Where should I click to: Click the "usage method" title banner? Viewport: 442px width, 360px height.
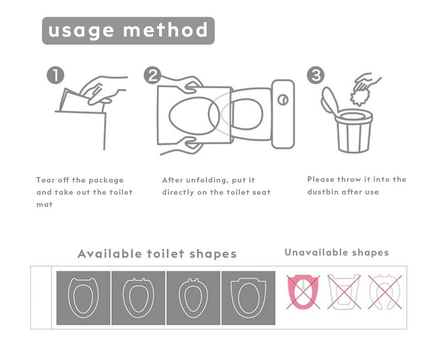(x=128, y=30)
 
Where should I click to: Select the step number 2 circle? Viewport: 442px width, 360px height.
(x=152, y=75)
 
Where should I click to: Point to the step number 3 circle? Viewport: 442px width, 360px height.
(x=315, y=75)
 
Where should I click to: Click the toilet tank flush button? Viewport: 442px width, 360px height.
(x=283, y=100)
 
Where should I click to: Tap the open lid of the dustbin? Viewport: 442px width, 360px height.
(x=328, y=102)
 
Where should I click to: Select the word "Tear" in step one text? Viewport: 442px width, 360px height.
(x=45, y=180)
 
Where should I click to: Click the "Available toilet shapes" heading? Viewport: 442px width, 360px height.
(x=157, y=254)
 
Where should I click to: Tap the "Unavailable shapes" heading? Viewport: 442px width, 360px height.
(x=336, y=253)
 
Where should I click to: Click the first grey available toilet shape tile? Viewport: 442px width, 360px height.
(x=83, y=298)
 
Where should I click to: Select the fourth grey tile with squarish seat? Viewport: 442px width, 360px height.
(x=248, y=298)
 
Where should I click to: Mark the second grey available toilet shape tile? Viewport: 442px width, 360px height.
(x=138, y=298)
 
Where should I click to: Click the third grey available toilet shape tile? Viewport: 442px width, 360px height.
(x=193, y=298)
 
